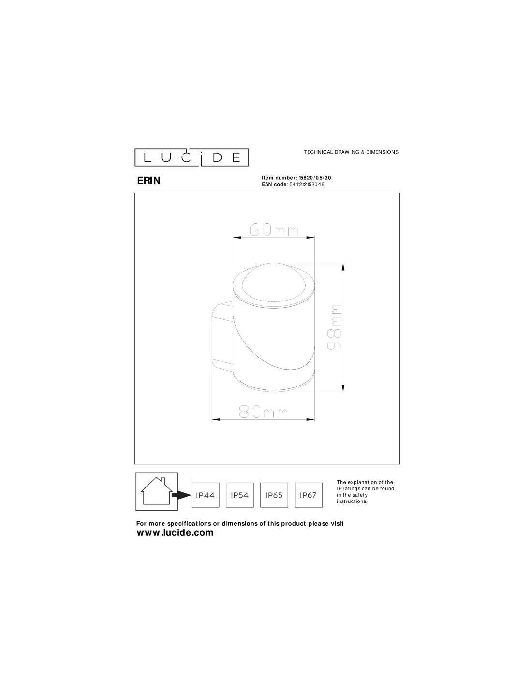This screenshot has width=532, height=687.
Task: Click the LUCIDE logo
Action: [192, 157]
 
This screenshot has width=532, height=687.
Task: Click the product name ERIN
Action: [148, 181]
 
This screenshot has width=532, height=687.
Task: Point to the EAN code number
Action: [307, 185]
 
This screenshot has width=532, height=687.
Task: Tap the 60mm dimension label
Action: [274, 229]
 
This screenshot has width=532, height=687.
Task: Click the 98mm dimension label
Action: [334, 327]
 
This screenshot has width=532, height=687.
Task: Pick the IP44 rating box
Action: [205, 495]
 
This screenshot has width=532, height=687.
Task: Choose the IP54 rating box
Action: [239, 495]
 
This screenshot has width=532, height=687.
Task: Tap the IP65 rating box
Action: [274, 495]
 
